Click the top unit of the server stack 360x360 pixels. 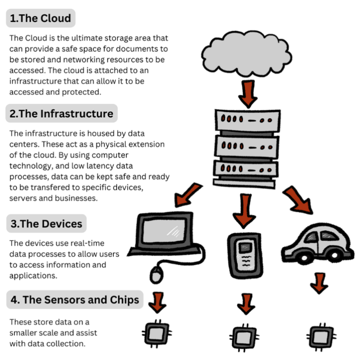[x=245, y=120]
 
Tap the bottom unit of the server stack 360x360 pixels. [x=245, y=169]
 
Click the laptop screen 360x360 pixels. [x=166, y=232]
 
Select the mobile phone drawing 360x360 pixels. [x=244, y=255]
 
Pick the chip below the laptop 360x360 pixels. [x=156, y=333]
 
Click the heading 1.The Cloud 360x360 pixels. [x=40, y=18]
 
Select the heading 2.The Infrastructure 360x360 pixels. [x=62, y=114]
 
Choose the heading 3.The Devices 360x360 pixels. [x=46, y=223]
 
